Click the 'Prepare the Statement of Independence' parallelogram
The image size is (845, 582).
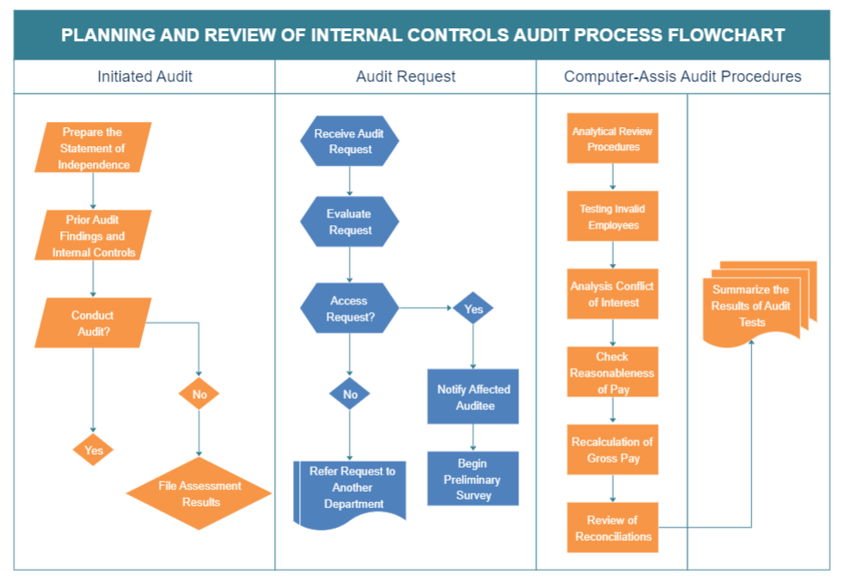click(93, 148)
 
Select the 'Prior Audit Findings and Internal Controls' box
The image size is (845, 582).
click(93, 236)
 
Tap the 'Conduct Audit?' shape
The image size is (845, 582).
click(93, 323)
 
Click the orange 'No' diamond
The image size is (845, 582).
click(199, 395)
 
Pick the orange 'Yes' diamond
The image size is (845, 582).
click(93, 450)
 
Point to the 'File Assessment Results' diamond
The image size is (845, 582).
click(199, 493)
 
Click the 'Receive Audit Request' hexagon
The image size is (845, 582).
click(349, 141)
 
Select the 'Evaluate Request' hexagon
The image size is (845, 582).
click(349, 222)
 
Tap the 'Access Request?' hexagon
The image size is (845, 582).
click(349, 309)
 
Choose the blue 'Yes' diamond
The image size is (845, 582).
click(473, 309)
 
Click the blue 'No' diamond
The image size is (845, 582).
click(350, 395)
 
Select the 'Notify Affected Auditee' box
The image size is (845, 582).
click(473, 397)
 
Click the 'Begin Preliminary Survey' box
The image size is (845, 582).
click(473, 479)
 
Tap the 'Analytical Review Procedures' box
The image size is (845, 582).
click(613, 138)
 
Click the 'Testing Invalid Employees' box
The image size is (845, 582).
click(613, 217)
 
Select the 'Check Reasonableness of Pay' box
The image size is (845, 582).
click(613, 372)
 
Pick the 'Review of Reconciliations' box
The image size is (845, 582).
click(613, 528)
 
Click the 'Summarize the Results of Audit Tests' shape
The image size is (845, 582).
click(752, 306)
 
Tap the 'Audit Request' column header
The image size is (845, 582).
click(406, 77)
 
